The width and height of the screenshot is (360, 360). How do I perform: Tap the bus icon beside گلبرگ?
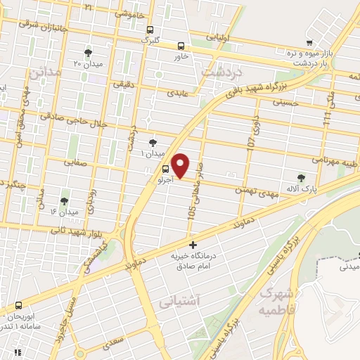150,30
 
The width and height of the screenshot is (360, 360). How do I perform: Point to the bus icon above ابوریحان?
18,305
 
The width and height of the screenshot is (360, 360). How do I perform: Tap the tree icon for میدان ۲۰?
88,53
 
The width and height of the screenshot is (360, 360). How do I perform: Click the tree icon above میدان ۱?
153,143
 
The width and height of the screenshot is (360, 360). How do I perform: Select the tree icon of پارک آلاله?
302,178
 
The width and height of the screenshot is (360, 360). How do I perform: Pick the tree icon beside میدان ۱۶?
65,201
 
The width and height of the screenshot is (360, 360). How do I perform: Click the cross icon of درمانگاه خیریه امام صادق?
193,245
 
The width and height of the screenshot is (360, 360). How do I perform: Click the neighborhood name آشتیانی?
185,302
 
